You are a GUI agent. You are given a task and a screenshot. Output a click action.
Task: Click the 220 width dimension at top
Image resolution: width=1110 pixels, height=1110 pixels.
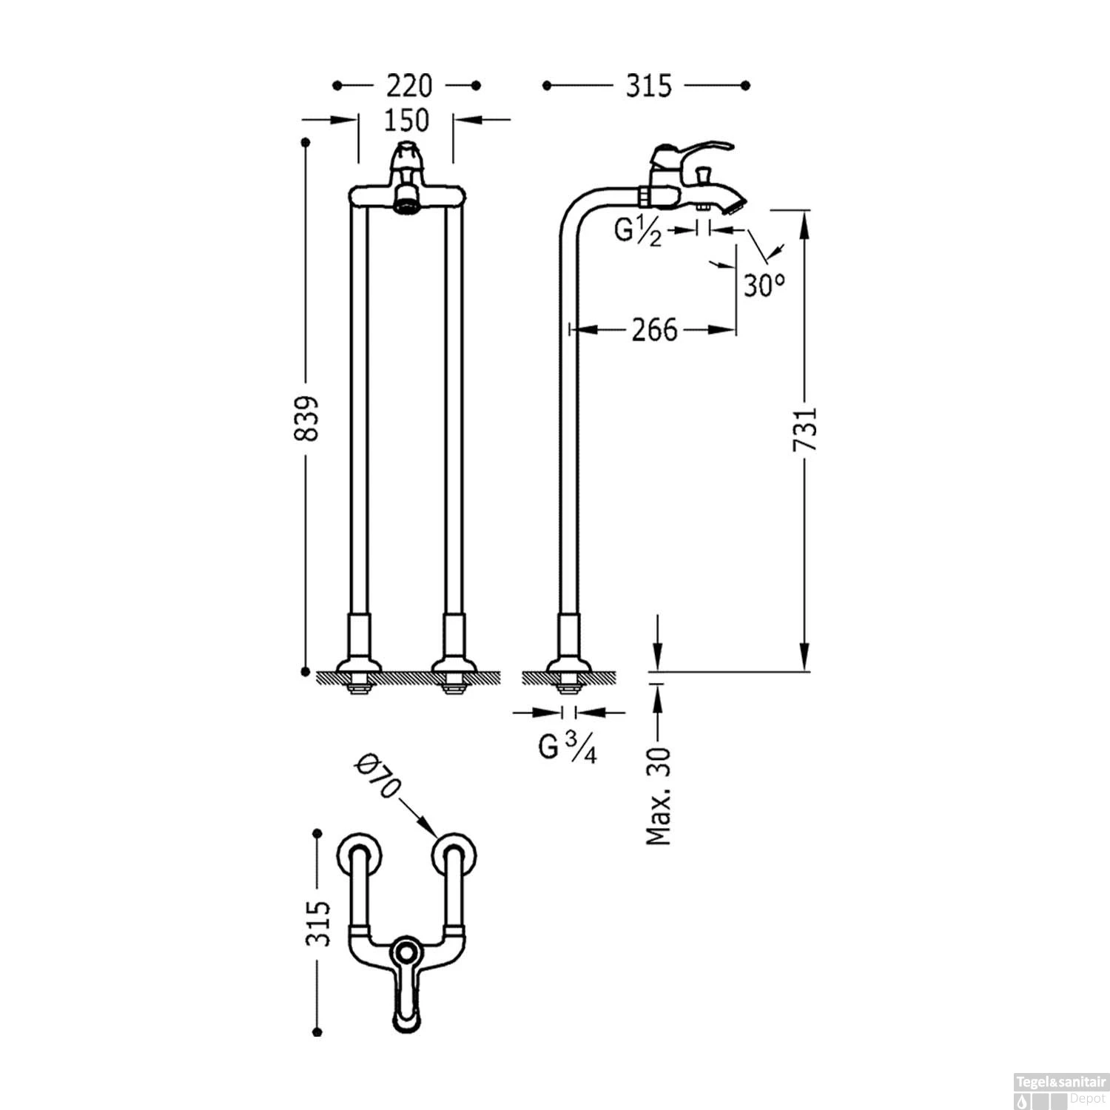[x=408, y=86]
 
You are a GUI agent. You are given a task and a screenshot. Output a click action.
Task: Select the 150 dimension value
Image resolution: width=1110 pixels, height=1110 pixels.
[x=406, y=120]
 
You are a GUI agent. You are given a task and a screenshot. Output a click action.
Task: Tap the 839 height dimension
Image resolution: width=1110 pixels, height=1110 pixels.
[x=306, y=418]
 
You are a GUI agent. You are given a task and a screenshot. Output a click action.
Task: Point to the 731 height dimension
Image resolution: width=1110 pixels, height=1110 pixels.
[x=805, y=428]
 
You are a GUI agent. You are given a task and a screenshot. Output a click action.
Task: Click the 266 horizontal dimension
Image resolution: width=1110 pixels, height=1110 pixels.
[x=654, y=329]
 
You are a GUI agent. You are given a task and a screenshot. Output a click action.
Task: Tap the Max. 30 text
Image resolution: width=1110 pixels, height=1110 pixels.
[x=658, y=795]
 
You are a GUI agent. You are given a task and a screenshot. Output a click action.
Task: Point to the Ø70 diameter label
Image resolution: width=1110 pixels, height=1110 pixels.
[x=377, y=776]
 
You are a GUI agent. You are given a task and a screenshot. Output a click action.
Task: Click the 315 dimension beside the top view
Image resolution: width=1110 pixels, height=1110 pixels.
[x=318, y=923]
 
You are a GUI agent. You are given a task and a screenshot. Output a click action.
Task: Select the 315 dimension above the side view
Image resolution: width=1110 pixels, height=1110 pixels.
[x=648, y=86]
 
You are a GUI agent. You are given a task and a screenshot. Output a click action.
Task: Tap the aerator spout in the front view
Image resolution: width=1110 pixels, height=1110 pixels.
[x=406, y=200]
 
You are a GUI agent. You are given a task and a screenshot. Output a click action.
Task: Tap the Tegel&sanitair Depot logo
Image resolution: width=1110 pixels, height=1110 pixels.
[x=1059, y=1089]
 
